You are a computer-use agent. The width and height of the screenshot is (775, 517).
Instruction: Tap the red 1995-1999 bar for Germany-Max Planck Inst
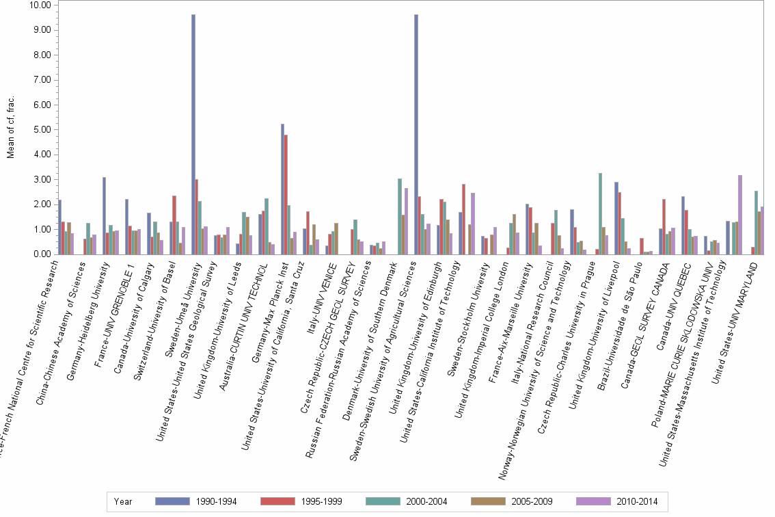click(x=286, y=194)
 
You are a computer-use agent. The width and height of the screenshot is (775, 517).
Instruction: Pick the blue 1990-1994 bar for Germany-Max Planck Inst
click(x=282, y=189)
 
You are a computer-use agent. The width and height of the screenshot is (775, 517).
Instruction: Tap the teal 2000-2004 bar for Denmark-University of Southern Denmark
click(x=400, y=216)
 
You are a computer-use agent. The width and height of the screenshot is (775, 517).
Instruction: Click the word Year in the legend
click(x=124, y=502)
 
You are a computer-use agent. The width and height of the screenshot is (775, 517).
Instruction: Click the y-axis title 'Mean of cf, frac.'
click(x=12, y=127)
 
